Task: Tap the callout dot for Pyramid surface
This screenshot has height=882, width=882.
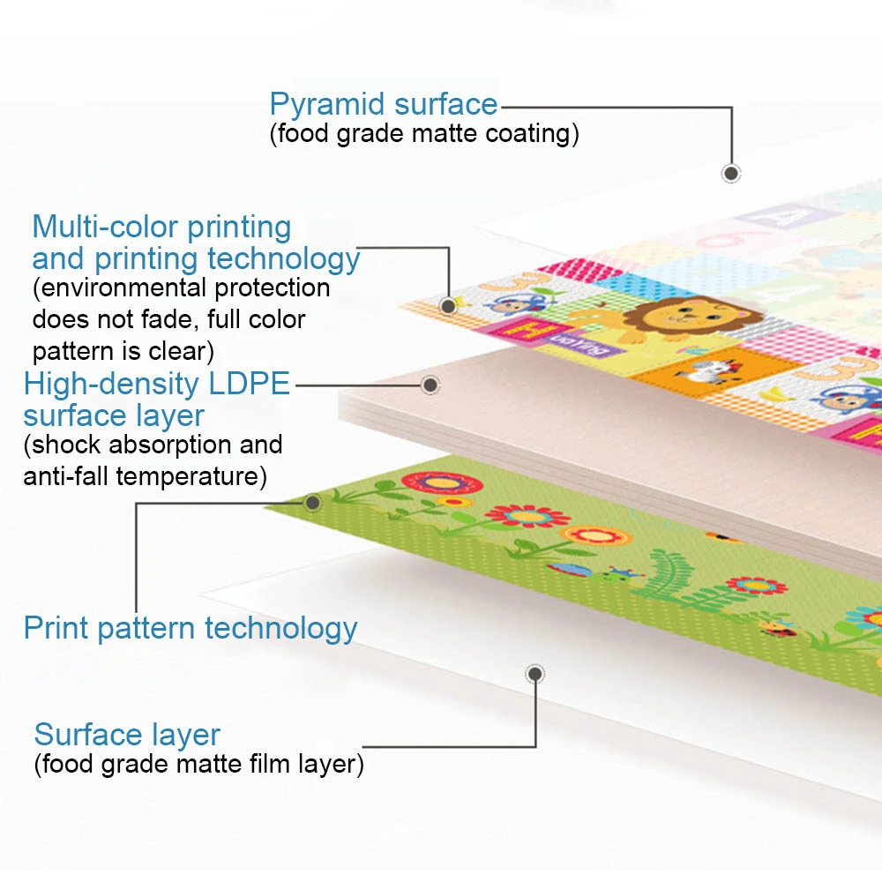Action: click(x=730, y=173)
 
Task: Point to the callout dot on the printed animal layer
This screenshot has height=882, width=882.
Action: click(x=448, y=306)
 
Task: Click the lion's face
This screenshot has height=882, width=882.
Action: click(x=667, y=317)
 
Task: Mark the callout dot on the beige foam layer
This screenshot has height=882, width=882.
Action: click(x=430, y=385)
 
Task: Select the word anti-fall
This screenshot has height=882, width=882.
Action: click(x=65, y=477)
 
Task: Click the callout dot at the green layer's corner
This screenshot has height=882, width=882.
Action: click(x=311, y=503)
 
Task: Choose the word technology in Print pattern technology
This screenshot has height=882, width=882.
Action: click(x=280, y=629)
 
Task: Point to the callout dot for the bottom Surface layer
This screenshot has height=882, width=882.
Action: click(x=534, y=675)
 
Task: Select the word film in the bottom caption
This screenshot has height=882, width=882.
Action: click(x=265, y=764)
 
